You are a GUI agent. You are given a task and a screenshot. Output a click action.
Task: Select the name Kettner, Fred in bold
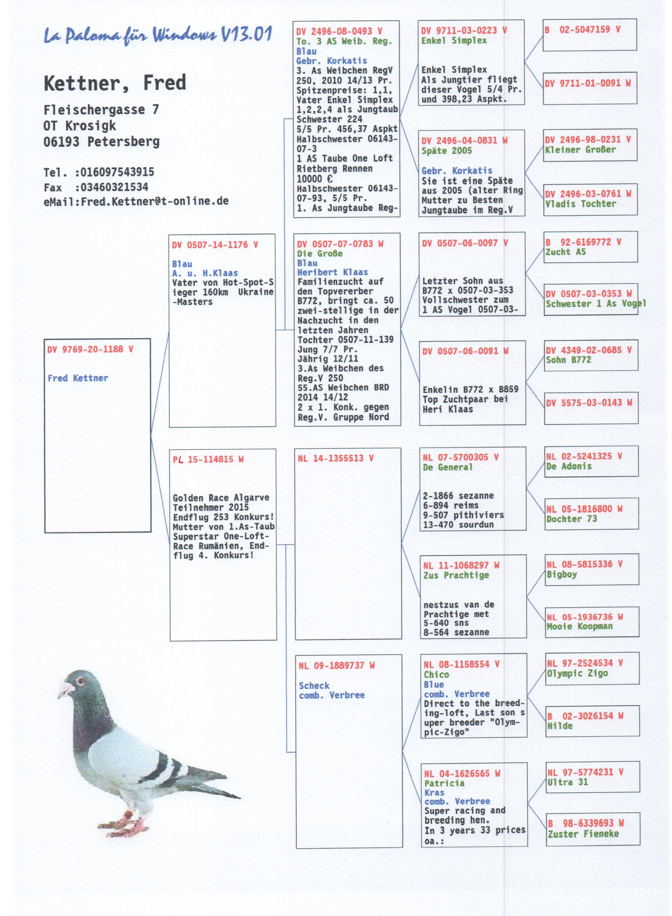(115, 83)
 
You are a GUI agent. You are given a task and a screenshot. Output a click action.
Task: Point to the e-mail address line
(136, 201)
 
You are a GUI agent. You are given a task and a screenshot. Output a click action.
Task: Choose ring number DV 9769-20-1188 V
(90, 349)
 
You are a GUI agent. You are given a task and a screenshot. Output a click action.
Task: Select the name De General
(447, 467)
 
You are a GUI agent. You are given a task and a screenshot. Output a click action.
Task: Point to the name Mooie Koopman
(579, 627)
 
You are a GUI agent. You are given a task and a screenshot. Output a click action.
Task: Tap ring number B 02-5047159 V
(583, 30)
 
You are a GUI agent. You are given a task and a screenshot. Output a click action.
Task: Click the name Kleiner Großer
(580, 150)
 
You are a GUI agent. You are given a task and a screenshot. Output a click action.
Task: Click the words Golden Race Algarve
(221, 498)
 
